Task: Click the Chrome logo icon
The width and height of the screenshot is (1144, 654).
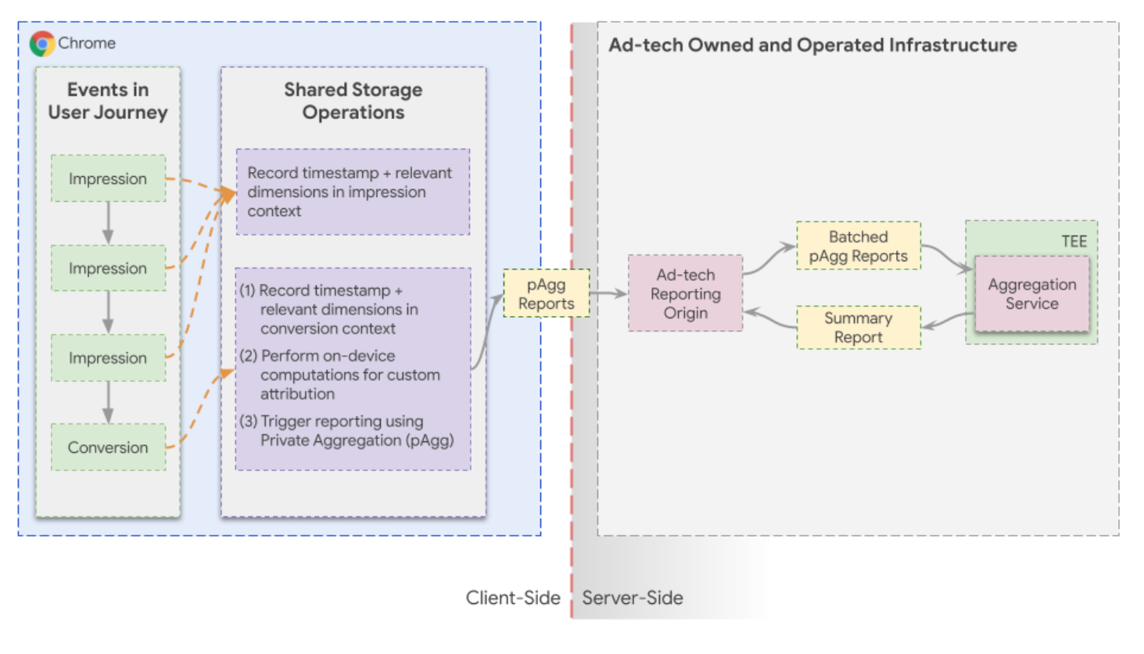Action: (x=42, y=43)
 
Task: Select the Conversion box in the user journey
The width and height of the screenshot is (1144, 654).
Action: (x=108, y=447)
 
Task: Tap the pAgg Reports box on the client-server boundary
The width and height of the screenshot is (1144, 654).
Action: (x=546, y=294)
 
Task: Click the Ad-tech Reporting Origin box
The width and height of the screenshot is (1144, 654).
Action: (x=685, y=293)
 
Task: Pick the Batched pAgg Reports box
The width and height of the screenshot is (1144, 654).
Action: (x=858, y=246)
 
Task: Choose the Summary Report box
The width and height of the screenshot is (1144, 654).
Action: (x=858, y=328)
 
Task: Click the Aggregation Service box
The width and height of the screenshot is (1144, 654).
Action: (x=1031, y=294)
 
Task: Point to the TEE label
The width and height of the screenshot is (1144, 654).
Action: (x=1074, y=242)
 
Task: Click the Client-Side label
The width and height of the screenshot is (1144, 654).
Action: (x=513, y=598)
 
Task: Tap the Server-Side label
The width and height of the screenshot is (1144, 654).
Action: (x=633, y=598)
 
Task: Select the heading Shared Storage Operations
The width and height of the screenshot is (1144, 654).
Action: (x=353, y=101)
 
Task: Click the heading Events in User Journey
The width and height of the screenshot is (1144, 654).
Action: (x=108, y=101)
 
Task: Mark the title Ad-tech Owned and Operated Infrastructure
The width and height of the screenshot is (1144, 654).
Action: (x=812, y=45)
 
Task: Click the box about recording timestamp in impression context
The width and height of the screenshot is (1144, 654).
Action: (x=353, y=192)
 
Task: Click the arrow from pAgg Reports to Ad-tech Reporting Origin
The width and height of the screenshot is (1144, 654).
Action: (x=608, y=293)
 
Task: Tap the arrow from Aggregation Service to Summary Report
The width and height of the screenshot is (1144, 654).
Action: (x=947, y=321)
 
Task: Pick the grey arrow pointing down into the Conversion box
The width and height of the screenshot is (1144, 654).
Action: (x=108, y=402)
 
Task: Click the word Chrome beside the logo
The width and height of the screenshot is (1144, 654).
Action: (x=87, y=43)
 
